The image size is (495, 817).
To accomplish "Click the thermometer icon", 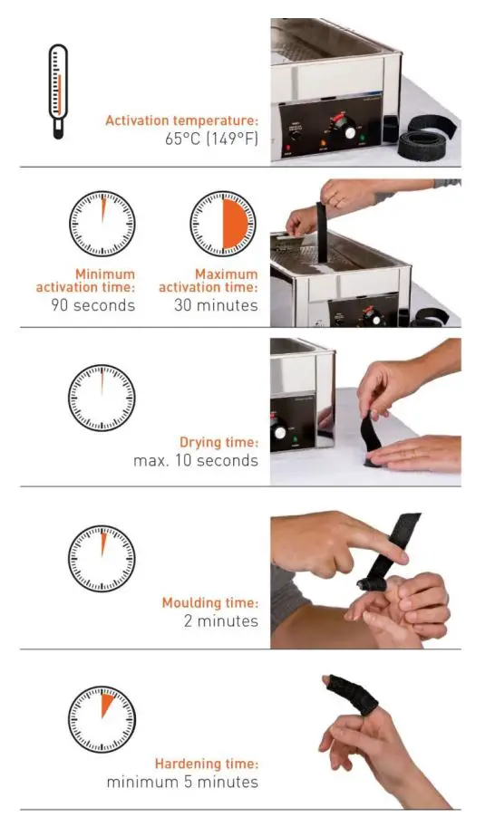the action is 58,91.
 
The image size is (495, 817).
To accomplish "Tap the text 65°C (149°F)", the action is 211,139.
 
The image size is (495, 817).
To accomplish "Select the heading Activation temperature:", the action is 181,120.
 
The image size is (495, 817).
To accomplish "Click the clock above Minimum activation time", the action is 102,223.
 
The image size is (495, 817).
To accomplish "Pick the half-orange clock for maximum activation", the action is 223,223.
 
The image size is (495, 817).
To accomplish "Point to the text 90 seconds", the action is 92,305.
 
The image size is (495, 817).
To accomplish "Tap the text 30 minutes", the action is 216,305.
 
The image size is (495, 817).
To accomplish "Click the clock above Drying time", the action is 102,398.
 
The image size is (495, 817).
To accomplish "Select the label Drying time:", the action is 219,442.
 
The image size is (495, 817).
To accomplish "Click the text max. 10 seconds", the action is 196,461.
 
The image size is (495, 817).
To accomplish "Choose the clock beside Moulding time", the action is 102,559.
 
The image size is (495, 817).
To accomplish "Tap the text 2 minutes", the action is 220,621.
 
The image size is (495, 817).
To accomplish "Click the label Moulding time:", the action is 210,603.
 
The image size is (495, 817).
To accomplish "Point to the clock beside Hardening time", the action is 102,719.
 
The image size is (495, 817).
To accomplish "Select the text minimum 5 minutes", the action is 182,782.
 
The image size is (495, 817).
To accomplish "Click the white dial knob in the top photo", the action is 350,132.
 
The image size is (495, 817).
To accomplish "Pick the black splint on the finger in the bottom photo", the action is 352,694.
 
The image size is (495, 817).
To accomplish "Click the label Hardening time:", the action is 207,764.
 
